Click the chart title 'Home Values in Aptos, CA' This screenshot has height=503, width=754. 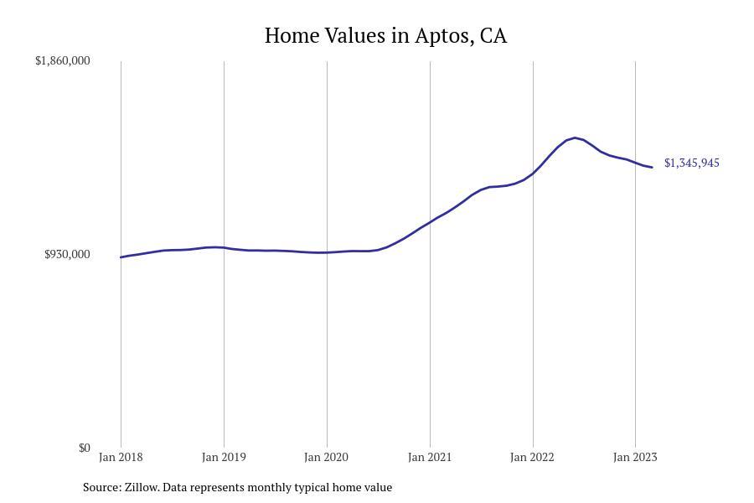pyautogui.click(x=385, y=36)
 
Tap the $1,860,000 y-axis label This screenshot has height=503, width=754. pyautogui.click(x=63, y=61)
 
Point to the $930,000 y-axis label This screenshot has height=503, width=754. pyautogui.click(x=67, y=255)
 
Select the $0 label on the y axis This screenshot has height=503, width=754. pyautogui.click(x=84, y=449)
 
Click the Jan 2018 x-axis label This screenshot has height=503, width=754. pyautogui.click(x=121, y=458)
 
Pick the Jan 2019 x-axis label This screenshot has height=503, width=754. pyautogui.click(x=224, y=458)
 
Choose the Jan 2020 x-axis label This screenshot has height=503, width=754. pyautogui.click(x=327, y=458)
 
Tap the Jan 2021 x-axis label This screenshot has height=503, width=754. pyautogui.click(x=430, y=458)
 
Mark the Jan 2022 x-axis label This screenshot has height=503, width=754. pyautogui.click(x=533, y=458)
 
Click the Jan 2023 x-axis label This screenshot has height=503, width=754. pyautogui.click(x=635, y=458)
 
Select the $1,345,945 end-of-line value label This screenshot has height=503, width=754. pyautogui.click(x=691, y=163)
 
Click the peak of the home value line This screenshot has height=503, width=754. pyautogui.click(x=575, y=137)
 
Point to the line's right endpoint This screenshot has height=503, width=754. pyautogui.click(x=652, y=168)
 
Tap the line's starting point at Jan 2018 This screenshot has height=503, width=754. pyautogui.click(x=121, y=257)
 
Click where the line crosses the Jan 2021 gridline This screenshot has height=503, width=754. pyautogui.click(x=430, y=222)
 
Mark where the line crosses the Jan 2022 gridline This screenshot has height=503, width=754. pyautogui.click(x=533, y=174)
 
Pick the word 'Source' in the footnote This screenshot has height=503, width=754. pyautogui.click(x=101, y=487)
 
